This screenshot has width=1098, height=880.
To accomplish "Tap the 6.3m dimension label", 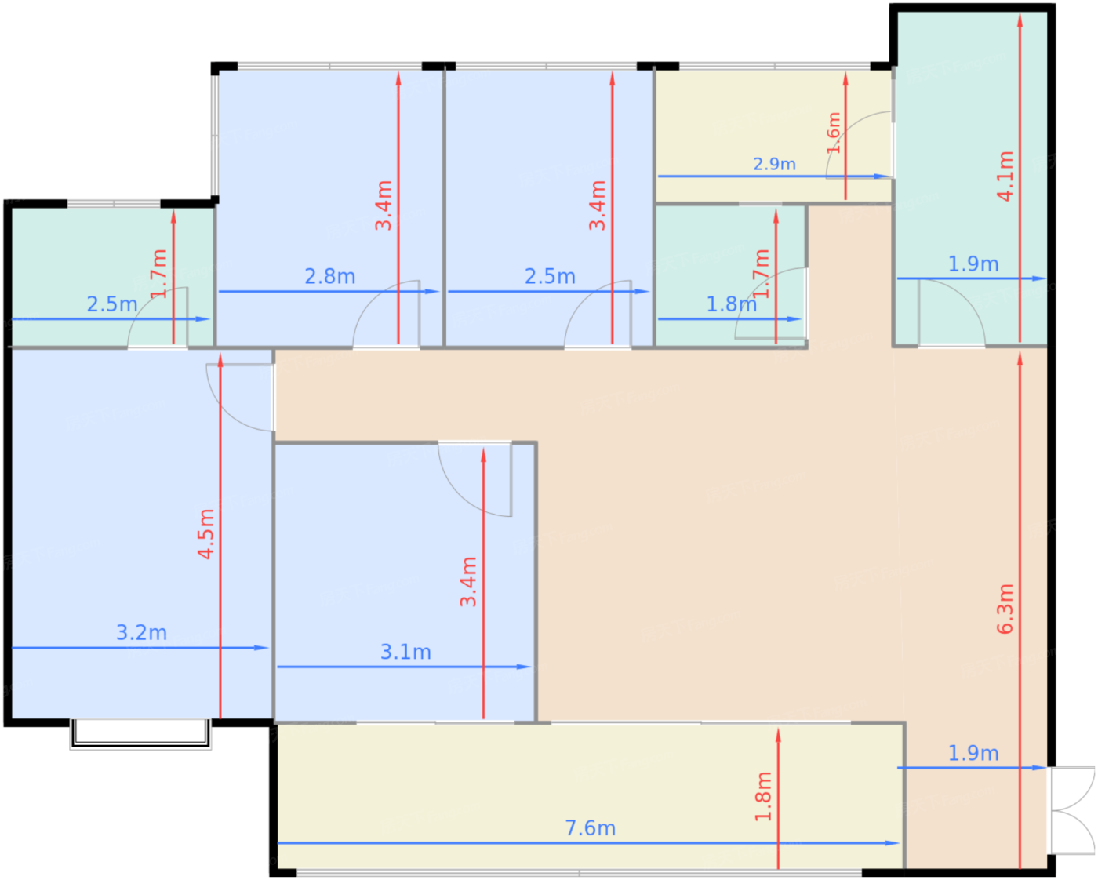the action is coord(1005,609).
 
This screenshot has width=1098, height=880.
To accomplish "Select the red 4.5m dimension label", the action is coord(206,534).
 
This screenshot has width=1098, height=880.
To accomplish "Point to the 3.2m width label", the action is coord(141,633).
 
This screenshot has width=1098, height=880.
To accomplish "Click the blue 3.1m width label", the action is coord(405,652).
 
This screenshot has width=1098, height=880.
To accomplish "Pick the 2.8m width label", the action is coord(330,277).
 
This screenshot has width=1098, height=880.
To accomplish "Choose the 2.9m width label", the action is coord(775,165).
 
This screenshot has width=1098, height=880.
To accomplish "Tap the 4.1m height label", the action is coord(1005,176).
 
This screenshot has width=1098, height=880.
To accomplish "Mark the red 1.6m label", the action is coord(833,133).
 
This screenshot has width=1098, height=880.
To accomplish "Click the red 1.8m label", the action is coord(763,796).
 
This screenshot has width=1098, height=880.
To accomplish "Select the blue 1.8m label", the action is coord(731,305).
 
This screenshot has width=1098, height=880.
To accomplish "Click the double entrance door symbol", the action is coord(1071,810).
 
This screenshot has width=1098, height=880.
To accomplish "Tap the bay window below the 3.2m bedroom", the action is coord(140,734).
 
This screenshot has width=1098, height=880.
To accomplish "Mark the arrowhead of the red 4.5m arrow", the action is coord(220,360).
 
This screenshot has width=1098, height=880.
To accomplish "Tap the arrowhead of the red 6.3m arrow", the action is coord(1020,359).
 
